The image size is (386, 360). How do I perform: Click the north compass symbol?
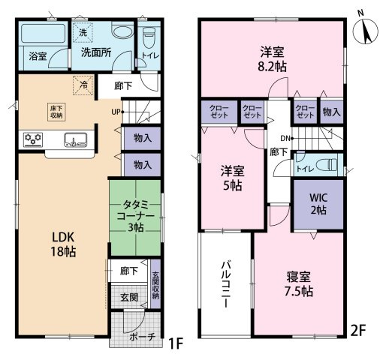[365, 31]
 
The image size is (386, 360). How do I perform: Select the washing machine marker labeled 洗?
[83, 33]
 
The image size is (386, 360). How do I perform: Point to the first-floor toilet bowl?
[149, 36]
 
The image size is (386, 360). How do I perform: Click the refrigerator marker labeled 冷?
[83, 85]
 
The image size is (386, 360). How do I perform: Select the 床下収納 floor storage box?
[56, 112]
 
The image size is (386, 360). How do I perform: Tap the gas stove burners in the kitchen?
[33, 139]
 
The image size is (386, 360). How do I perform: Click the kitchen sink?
[76, 139]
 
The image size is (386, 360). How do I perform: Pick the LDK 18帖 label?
[63, 244]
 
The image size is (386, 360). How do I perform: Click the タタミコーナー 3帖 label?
[135, 216]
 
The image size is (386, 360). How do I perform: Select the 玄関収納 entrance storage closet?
[155, 284]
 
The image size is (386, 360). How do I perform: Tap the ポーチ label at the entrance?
[143, 337]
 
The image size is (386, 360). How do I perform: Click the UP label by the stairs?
[116, 112]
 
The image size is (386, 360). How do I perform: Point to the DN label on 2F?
[285, 138]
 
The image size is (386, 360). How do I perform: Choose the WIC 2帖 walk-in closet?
[318, 204]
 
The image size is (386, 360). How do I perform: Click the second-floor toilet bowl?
[326, 165]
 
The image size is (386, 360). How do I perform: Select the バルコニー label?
[225, 284]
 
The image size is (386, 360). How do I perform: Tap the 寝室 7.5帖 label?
[299, 284]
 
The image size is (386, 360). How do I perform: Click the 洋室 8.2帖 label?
[273, 59]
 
